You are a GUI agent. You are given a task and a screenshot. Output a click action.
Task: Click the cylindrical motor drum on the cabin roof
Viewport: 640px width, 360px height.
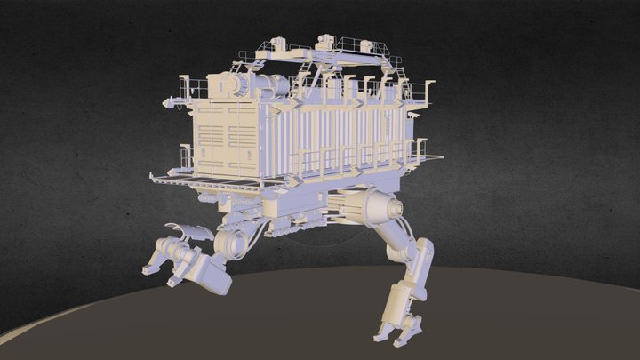(239, 87)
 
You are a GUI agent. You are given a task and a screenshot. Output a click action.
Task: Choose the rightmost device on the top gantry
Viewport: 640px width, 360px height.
(368, 45)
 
